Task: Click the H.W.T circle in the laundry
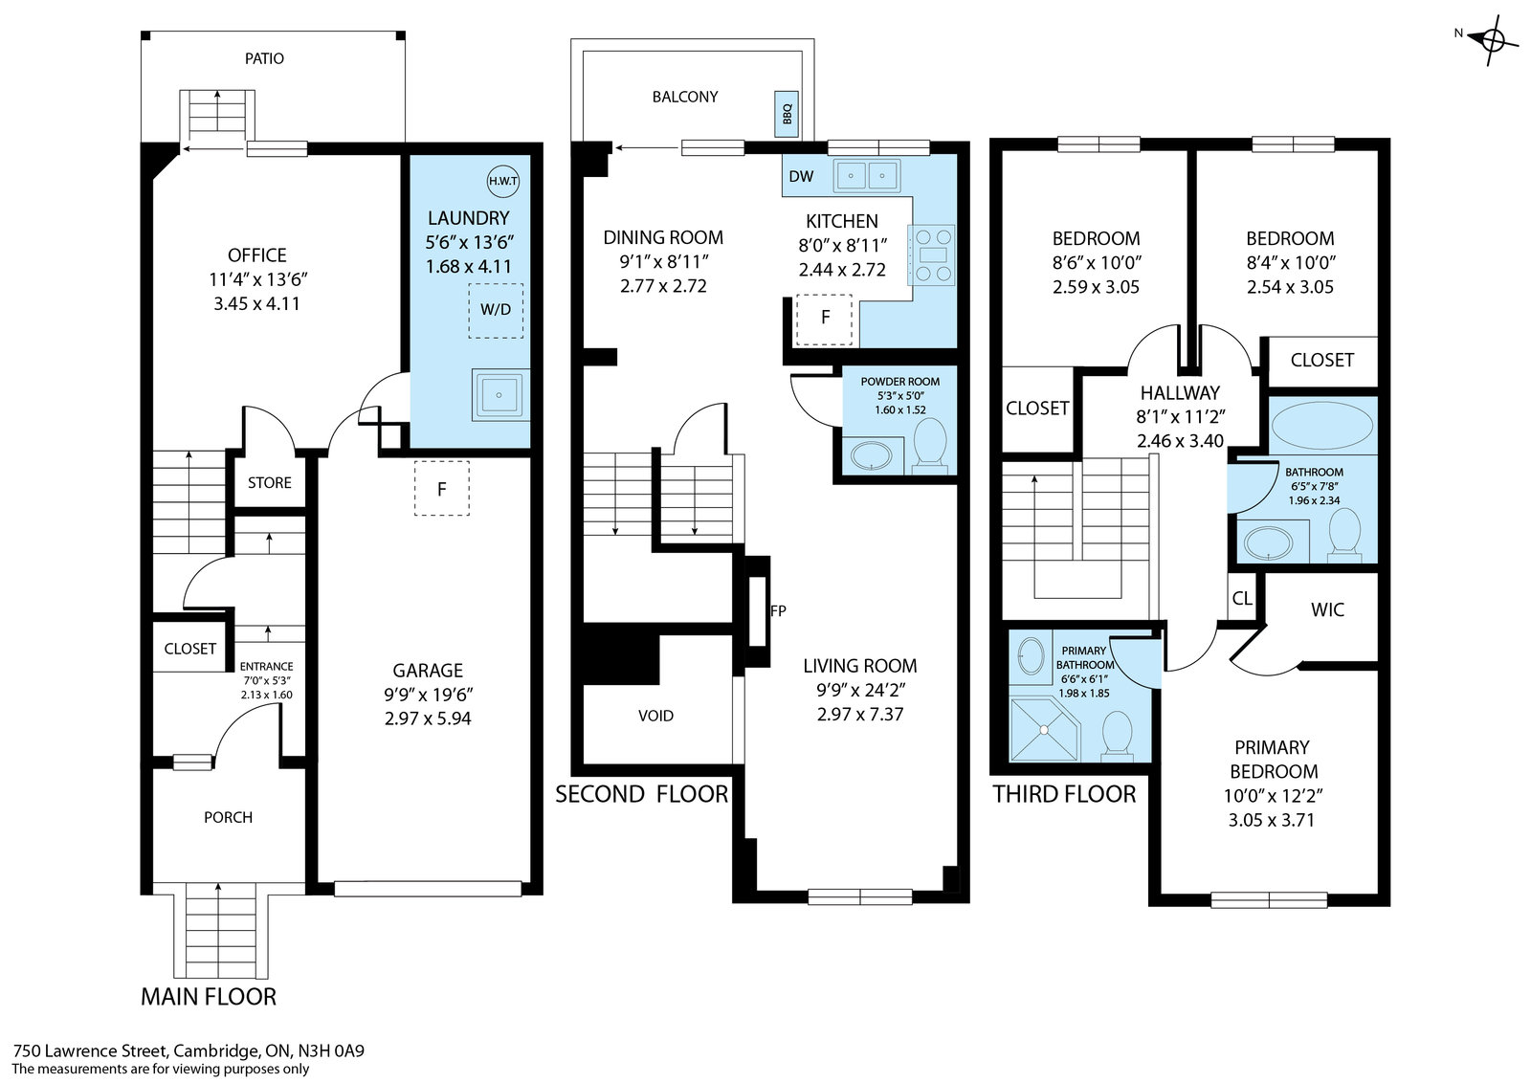(502, 181)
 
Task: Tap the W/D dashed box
(496, 311)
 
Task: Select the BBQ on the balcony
(786, 114)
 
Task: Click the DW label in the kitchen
(801, 176)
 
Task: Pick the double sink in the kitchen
(867, 176)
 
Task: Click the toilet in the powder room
(929, 446)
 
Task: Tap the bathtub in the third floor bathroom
(1321, 425)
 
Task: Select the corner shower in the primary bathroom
(1045, 729)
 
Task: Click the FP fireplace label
(778, 610)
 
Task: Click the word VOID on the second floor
(655, 716)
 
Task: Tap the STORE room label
(269, 483)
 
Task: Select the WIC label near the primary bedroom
(1327, 609)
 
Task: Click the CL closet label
(1242, 599)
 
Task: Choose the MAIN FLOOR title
(209, 997)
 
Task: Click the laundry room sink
(499, 395)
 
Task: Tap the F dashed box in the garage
(441, 489)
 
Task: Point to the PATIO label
(264, 58)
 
